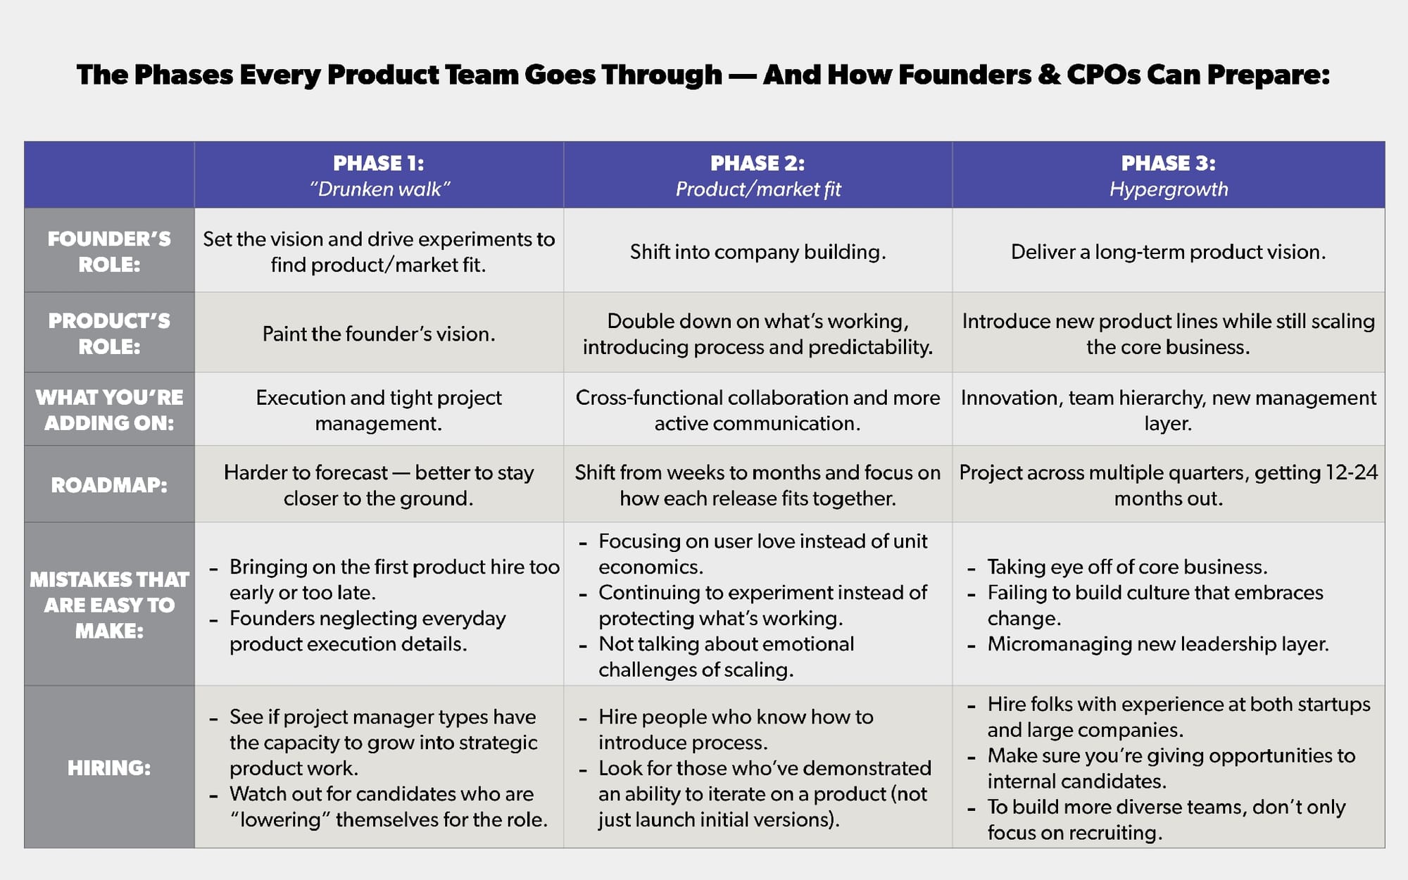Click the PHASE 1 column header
point(379,163)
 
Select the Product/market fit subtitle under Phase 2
point(758,189)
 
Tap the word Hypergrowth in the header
point(1169,189)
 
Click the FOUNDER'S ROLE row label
point(109,251)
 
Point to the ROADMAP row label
point(109,485)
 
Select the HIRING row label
point(109,767)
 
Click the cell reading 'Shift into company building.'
point(758,252)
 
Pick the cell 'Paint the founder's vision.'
point(379,334)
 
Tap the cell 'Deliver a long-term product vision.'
point(1168,252)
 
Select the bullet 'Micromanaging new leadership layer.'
point(1157,644)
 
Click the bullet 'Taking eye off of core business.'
point(1127,567)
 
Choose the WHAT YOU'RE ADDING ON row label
point(109,410)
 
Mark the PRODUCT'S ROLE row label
point(109,334)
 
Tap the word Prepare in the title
point(1268,75)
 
